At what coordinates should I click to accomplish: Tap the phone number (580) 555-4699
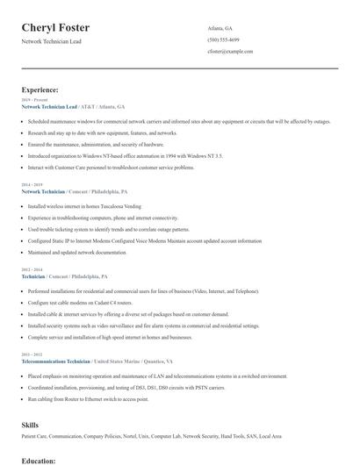click(x=224, y=39)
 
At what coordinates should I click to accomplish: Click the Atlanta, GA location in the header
click(x=220, y=27)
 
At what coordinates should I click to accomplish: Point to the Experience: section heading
click(x=40, y=89)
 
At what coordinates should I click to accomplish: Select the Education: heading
click(x=38, y=459)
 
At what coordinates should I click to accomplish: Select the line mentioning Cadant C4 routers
click(x=79, y=302)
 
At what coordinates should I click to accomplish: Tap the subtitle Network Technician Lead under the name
click(x=52, y=41)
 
